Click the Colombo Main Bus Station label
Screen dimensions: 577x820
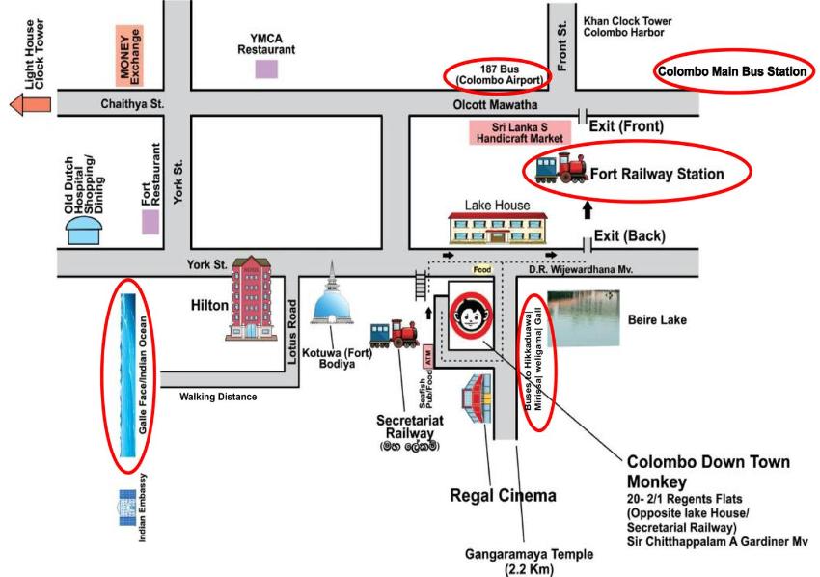[x=731, y=71]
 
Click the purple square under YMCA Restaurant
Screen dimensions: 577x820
[x=266, y=69]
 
